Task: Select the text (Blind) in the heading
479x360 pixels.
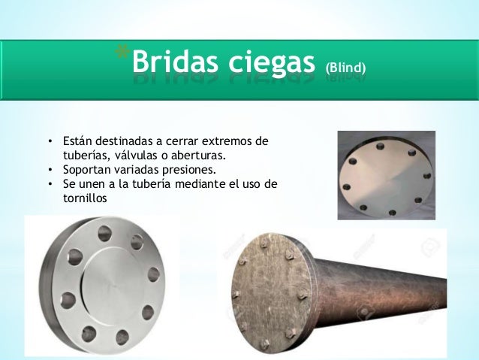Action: [345, 69]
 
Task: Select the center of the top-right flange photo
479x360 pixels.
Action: [385, 175]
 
